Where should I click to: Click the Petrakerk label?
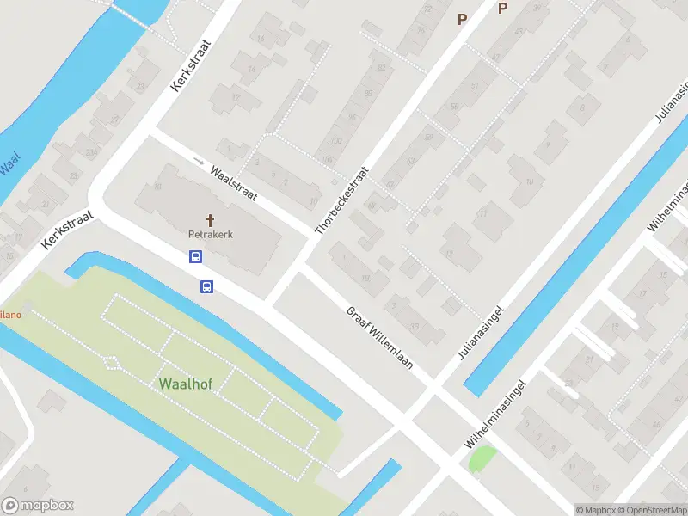pos(212,233)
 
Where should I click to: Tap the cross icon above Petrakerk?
pos(211,220)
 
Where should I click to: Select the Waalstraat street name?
pos(234,182)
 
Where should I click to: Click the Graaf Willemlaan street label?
pos(380,338)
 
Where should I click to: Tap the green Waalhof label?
pos(185,383)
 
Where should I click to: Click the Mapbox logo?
pos(39,506)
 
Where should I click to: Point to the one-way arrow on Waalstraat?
pos(199,161)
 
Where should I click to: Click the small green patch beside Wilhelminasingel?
pos(482,458)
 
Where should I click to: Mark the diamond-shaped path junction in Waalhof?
pos(111,362)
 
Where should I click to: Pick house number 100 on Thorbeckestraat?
pos(335,140)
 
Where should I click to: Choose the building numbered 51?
pos(476,85)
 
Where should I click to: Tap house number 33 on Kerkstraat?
pos(141,86)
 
